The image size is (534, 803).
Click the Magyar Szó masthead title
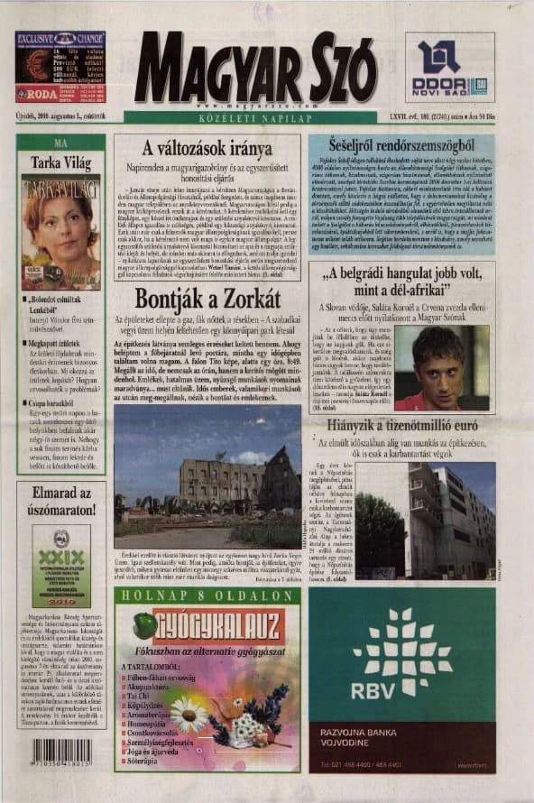(x=254, y=69)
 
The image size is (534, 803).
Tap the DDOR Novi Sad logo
(x=448, y=66)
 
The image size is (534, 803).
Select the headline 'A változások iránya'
(x=208, y=148)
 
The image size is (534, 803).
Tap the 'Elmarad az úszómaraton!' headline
(x=60, y=502)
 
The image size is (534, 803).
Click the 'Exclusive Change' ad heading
(x=60, y=39)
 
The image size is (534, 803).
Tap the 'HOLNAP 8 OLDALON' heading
(x=207, y=595)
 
